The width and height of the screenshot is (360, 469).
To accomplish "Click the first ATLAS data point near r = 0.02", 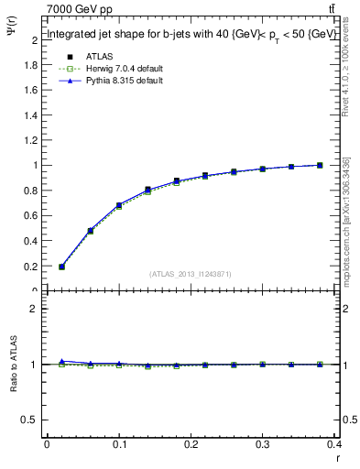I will (x=61, y=267).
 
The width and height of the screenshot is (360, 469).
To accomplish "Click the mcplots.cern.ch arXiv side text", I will (x=346, y=220).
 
